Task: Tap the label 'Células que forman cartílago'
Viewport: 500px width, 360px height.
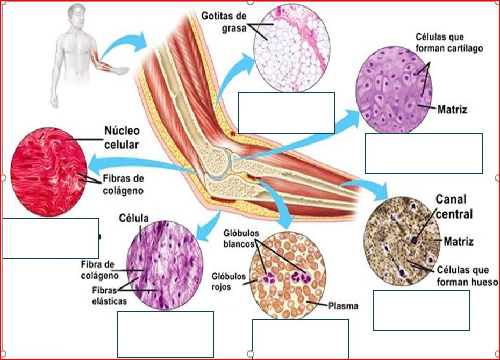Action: pyautogui.click(x=449, y=42)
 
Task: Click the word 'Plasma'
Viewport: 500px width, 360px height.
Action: pyautogui.click(x=343, y=306)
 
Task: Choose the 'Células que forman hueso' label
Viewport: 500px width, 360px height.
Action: pyautogui.click(x=466, y=276)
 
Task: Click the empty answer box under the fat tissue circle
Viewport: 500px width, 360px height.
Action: pyautogui.click(x=287, y=113)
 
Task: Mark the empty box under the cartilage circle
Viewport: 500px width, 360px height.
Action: pyautogui.click(x=423, y=153)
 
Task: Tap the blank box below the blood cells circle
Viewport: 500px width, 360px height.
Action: pyautogui.click(x=299, y=339)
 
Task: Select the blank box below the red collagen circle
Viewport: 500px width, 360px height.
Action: pyautogui.click(x=51, y=238)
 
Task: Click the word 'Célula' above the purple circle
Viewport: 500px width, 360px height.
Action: pyautogui.click(x=135, y=218)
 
